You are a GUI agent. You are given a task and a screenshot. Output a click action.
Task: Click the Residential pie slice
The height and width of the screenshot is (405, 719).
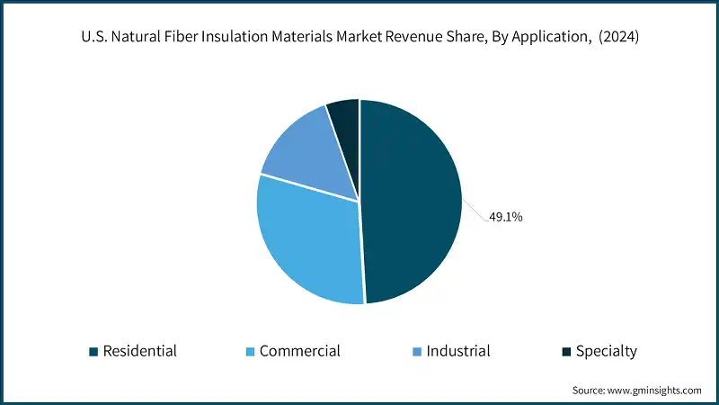pos(413,202)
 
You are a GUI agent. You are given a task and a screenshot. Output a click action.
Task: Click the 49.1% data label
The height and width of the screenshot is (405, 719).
pos(506,217)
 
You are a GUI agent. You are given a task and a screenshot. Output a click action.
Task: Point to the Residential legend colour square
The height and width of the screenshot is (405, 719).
pos(93,351)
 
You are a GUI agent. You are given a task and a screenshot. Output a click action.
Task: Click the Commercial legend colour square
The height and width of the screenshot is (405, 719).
pos(249,351)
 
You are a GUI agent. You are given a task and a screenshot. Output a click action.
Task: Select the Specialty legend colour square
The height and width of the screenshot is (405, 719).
pos(565,351)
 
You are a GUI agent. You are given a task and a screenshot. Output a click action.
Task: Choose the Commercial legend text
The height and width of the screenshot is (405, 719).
pos(299,351)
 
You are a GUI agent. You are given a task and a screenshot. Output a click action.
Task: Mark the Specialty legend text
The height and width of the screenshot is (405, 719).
pos(607,351)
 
